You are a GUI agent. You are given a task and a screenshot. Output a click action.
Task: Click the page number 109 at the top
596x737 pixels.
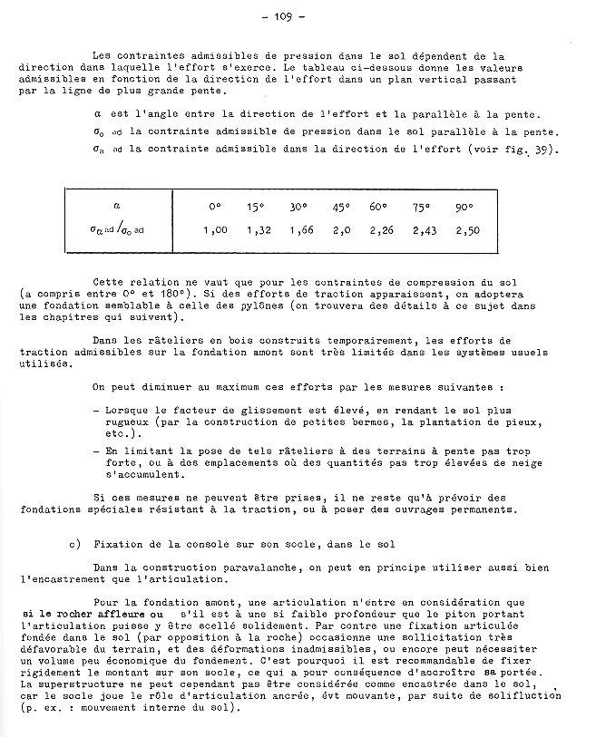(x=298, y=16)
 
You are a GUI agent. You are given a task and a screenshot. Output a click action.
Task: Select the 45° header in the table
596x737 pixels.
(x=341, y=208)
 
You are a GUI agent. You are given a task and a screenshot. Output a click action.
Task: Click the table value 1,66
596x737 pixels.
(x=301, y=230)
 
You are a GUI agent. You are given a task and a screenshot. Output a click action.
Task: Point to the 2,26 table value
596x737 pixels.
(x=383, y=230)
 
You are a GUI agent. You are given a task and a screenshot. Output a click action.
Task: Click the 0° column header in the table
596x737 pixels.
(x=215, y=208)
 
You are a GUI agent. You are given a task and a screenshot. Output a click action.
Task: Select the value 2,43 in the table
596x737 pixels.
(x=424, y=230)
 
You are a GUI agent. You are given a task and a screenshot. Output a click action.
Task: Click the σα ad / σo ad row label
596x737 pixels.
(x=117, y=231)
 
